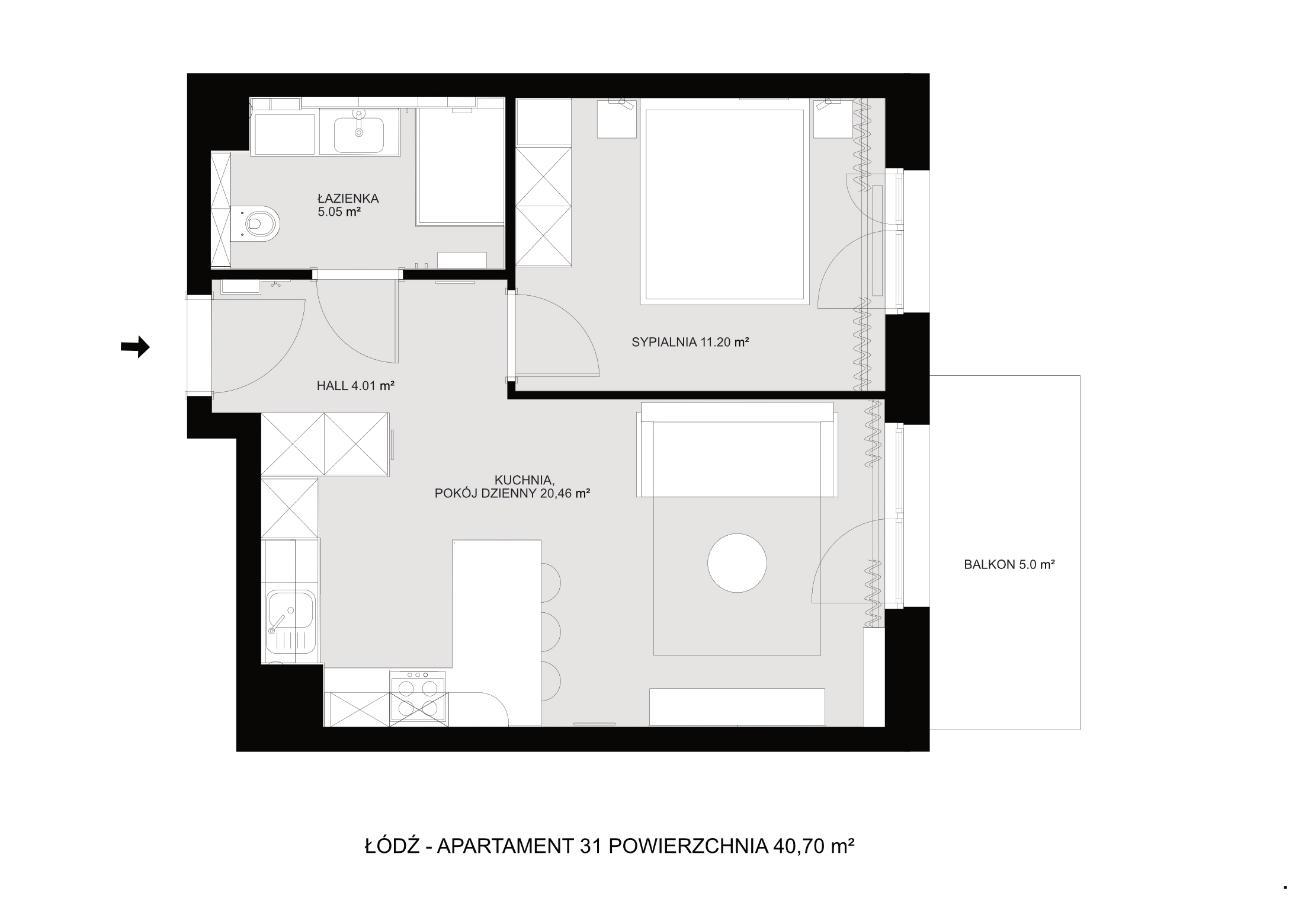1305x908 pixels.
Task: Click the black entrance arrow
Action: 135,347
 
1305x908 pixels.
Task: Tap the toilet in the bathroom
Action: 255,223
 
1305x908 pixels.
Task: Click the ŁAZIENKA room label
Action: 348,198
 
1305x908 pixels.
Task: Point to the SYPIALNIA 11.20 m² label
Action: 691,341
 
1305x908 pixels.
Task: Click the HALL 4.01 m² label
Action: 355,385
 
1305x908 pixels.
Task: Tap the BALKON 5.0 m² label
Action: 1009,565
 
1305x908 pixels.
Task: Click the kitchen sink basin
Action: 291,609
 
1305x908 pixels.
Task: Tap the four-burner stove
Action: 418,696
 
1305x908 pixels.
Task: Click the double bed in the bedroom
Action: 724,202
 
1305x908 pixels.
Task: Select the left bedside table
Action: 617,118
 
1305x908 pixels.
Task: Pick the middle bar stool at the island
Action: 551,632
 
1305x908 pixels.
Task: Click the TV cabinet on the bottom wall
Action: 737,706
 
